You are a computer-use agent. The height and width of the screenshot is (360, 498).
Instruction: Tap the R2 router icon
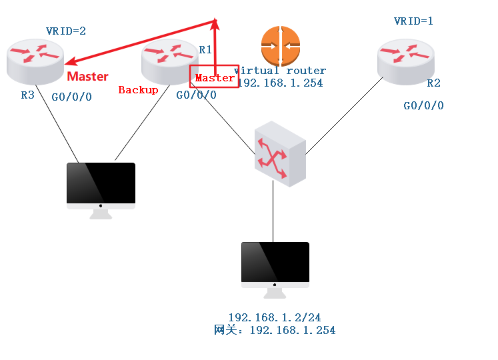pyautogui.click(x=404, y=61)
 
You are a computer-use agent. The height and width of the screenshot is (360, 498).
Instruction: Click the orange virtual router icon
pyautogui.click(x=281, y=45)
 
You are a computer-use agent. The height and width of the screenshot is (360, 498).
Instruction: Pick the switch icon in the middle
pyautogui.click(x=280, y=154)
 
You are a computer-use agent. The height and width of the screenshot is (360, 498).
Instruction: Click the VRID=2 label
pyautogui.click(x=66, y=31)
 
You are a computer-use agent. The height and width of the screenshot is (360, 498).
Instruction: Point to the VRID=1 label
pyautogui.click(x=413, y=21)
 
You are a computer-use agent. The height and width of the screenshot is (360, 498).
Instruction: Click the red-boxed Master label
pyautogui.click(x=214, y=78)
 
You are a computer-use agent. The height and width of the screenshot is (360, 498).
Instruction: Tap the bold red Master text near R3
pyautogui.click(x=87, y=77)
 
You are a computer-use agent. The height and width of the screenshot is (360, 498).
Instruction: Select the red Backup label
pyautogui.click(x=138, y=90)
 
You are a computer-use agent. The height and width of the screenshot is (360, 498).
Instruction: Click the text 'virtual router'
pyautogui.click(x=280, y=71)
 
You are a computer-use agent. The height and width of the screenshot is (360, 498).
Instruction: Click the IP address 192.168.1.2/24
pyautogui.click(x=275, y=317)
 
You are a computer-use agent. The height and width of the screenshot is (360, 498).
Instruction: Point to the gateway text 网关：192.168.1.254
pyautogui.click(x=275, y=330)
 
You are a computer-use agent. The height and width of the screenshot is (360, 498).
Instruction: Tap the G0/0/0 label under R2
pyautogui.click(x=423, y=105)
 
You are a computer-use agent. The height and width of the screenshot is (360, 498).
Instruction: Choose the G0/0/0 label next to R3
pyautogui.click(x=71, y=97)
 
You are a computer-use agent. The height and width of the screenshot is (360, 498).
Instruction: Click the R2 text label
pyautogui.click(x=433, y=83)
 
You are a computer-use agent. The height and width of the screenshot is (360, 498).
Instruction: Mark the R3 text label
pyautogui.click(x=27, y=95)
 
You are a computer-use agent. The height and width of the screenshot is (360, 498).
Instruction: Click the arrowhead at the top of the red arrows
pyautogui.click(x=215, y=23)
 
